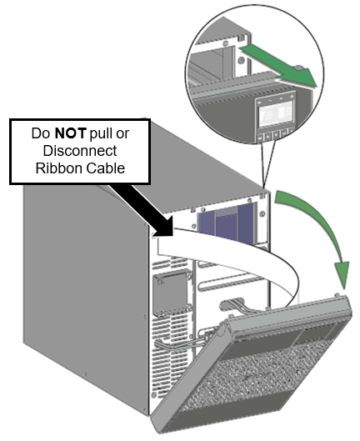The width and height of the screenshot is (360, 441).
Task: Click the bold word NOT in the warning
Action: pos(70,133)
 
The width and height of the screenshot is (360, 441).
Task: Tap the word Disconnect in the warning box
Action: pos(80,151)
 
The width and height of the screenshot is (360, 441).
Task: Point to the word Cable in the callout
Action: pos(106,168)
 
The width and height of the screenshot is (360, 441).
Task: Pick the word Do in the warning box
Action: pos(42,133)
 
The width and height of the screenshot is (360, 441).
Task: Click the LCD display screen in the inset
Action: pos(276,113)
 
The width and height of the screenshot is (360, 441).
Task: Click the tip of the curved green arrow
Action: pos(343,289)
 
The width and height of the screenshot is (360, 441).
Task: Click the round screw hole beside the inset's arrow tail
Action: pos(242,61)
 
